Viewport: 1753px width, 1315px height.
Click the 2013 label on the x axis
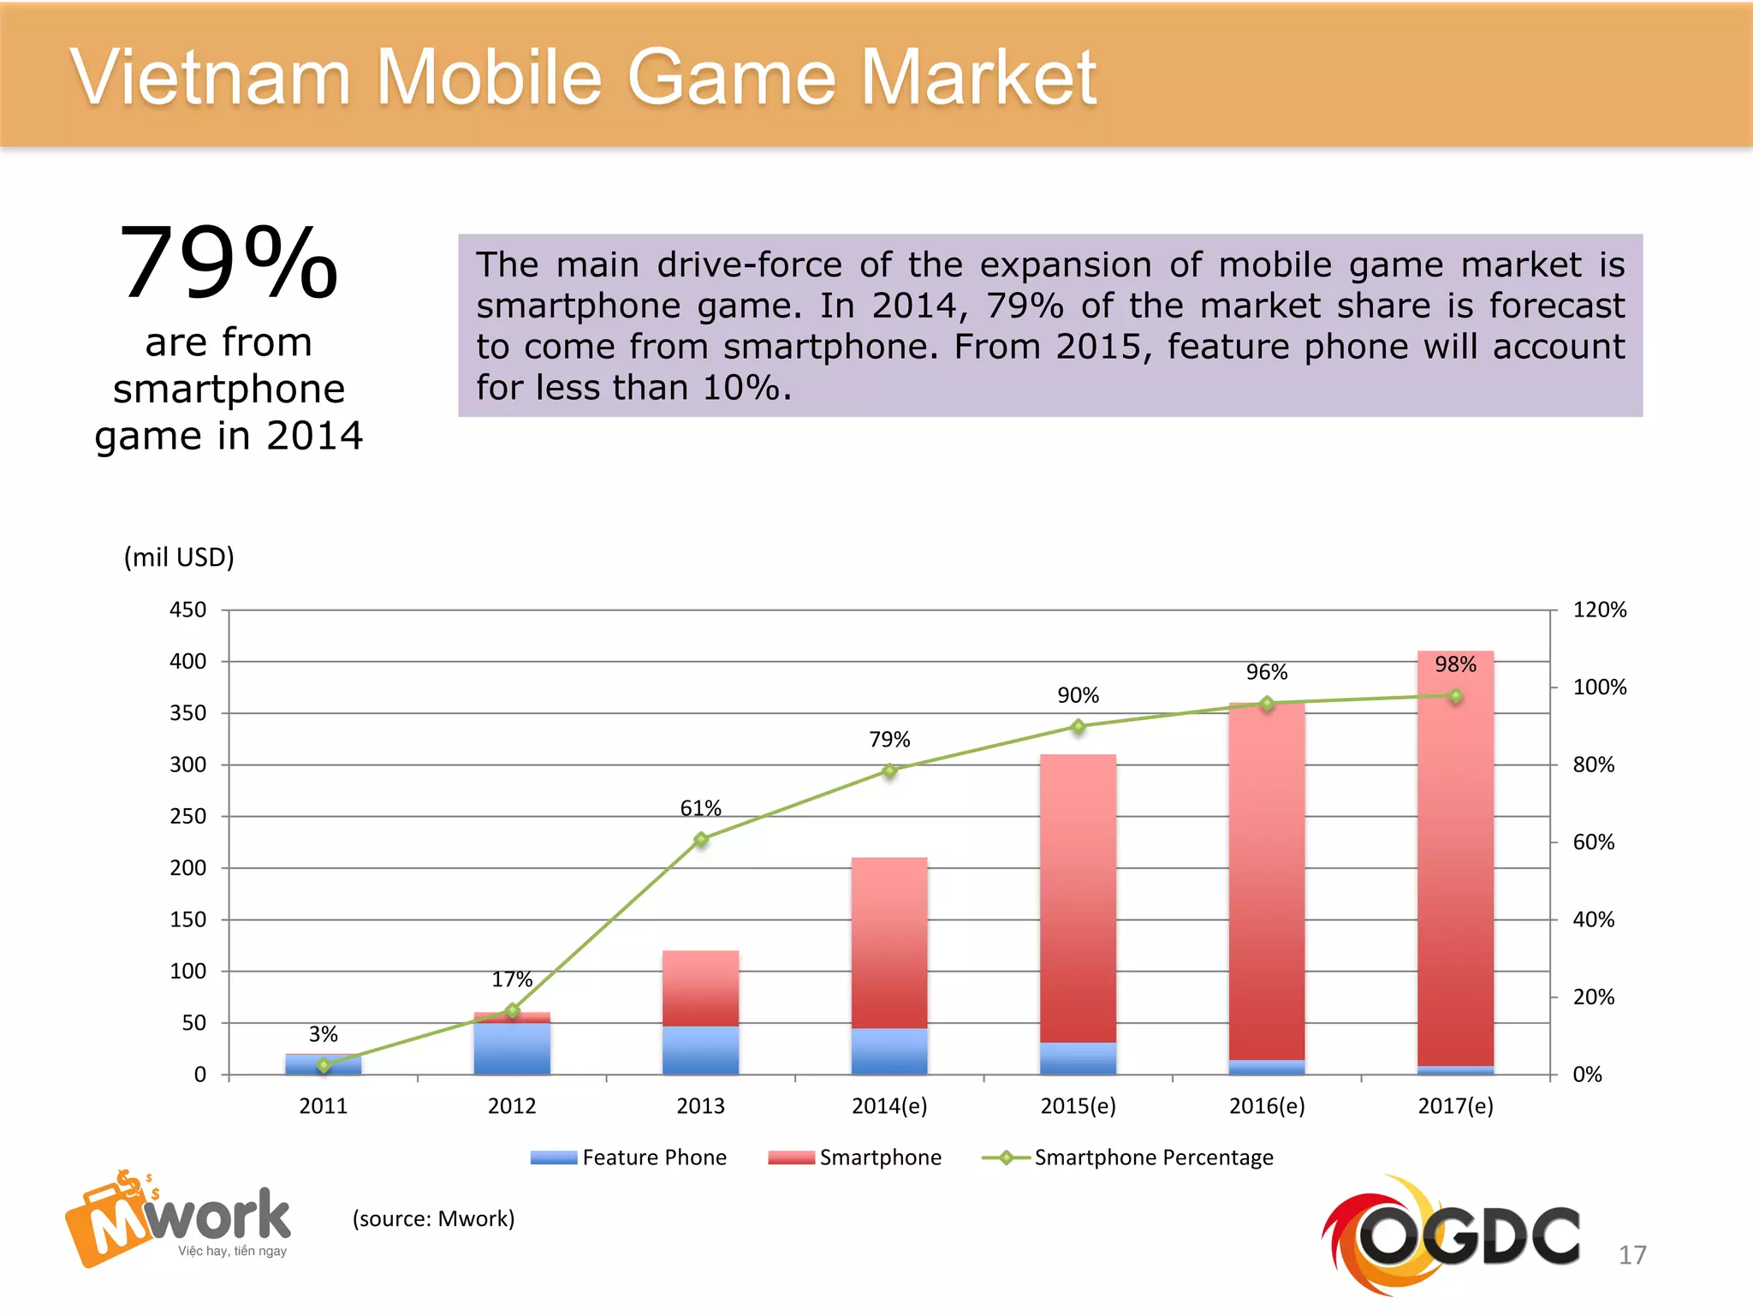tap(700, 1106)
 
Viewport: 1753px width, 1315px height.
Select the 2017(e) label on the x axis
tap(1455, 1106)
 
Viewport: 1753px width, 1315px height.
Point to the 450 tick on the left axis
tap(187, 610)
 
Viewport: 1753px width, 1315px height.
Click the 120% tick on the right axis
tap(1599, 610)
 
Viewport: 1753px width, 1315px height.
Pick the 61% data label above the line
tap(700, 808)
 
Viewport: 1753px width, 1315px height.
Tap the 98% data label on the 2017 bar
tap(1455, 664)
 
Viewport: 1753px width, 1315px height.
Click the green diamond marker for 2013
tap(701, 839)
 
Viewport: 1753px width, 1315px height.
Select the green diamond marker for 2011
tap(324, 1066)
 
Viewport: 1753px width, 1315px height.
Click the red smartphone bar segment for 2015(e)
tap(1078, 899)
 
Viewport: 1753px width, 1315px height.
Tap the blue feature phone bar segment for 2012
tap(512, 1049)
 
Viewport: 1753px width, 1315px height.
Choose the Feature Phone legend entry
tap(629, 1157)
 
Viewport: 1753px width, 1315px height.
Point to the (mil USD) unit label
tap(179, 557)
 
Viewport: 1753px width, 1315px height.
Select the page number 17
tap(1631, 1255)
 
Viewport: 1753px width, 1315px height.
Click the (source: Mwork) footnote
tap(433, 1218)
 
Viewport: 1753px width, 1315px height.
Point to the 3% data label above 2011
tap(324, 1034)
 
